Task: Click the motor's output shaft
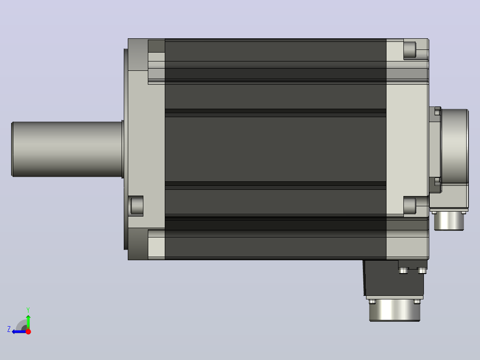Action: click(67, 149)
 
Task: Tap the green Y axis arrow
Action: click(28, 322)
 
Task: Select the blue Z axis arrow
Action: click(19, 331)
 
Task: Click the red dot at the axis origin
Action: click(28, 331)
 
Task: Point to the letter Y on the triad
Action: click(28, 310)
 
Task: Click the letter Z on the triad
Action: click(9, 329)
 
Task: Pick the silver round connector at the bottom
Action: click(395, 311)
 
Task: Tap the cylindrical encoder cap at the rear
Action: click(455, 146)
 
